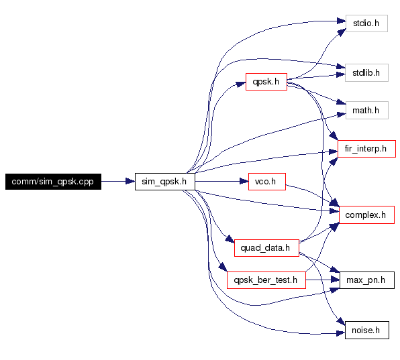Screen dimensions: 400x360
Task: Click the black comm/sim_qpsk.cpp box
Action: click(x=53, y=182)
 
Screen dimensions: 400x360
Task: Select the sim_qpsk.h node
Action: click(x=165, y=182)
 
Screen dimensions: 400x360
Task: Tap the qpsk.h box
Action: click(x=266, y=82)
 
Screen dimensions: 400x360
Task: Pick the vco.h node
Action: click(x=267, y=182)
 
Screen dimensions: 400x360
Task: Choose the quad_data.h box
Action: click(x=266, y=248)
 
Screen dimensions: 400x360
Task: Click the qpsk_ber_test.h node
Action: click(x=266, y=280)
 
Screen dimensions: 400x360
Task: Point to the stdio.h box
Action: click(x=366, y=23)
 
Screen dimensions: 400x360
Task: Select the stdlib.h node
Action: click(x=366, y=73)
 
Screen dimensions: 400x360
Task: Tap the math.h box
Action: click(x=367, y=111)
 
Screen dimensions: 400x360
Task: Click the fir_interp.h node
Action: click(x=366, y=149)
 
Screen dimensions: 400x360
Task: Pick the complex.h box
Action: click(x=366, y=215)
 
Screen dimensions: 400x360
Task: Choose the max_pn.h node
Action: click(x=367, y=280)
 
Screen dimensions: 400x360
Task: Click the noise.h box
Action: click(x=367, y=331)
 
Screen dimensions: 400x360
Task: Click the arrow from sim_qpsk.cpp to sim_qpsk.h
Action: click(x=118, y=182)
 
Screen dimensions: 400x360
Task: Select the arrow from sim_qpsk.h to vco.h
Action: click(x=221, y=182)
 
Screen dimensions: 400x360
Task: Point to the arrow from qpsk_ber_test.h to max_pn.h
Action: click(x=323, y=280)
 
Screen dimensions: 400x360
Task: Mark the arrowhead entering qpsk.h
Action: click(x=241, y=84)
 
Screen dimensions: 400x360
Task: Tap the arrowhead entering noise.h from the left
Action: click(x=341, y=333)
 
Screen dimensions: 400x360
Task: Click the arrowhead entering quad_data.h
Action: click(x=230, y=239)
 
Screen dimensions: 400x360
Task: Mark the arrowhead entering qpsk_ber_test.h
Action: click(x=223, y=268)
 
